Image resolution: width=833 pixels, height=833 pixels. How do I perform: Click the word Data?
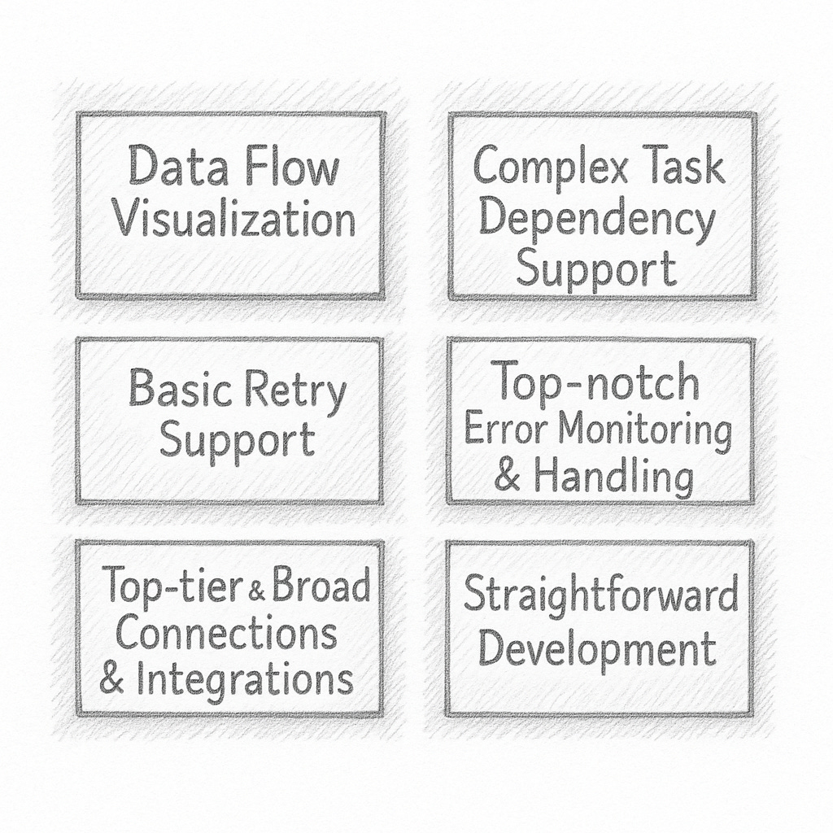coord(168,169)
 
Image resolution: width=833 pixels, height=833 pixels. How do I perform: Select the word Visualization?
coord(234,220)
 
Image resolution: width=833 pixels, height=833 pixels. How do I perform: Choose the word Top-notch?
coord(597,382)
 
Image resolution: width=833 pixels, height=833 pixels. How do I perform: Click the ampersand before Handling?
coord(508,476)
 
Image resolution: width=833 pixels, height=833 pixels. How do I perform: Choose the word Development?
coord(597,649)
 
